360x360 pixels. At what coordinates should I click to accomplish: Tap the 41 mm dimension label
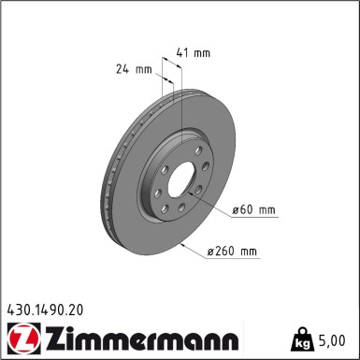pos(193,54)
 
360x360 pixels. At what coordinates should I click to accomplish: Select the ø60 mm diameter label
pos(254,209)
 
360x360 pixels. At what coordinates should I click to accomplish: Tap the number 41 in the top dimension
pos(184,54)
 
